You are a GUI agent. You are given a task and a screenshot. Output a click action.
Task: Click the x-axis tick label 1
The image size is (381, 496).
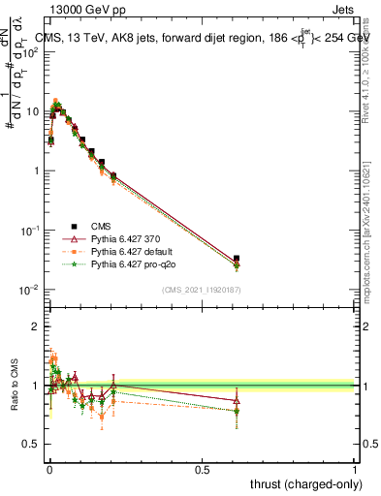click(x=355, y=468)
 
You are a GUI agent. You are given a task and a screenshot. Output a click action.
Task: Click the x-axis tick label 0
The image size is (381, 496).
click(x=48, y=468)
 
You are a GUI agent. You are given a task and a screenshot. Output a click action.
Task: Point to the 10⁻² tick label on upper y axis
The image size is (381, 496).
click(x=29, y=291)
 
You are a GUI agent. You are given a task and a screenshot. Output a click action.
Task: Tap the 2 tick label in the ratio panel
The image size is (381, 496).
click(x=35, y=327)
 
